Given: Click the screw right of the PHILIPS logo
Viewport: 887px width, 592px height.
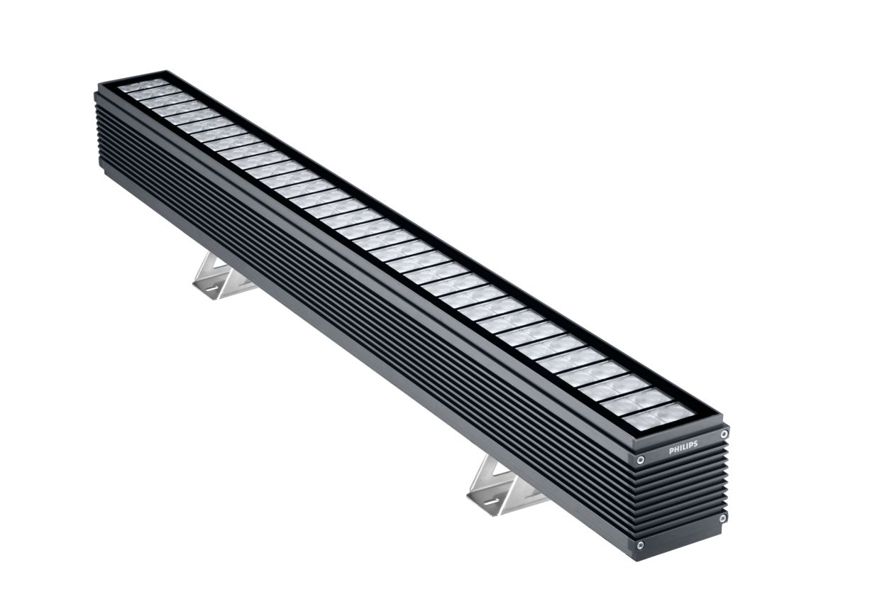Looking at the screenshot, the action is (x=724, y=434).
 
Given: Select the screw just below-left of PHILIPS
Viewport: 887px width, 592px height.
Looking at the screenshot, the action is (x=640, y=460).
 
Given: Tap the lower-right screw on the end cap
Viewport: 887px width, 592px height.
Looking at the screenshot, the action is (x=722, y=518).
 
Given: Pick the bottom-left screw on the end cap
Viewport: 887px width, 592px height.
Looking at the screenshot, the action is (x=640, y=545).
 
